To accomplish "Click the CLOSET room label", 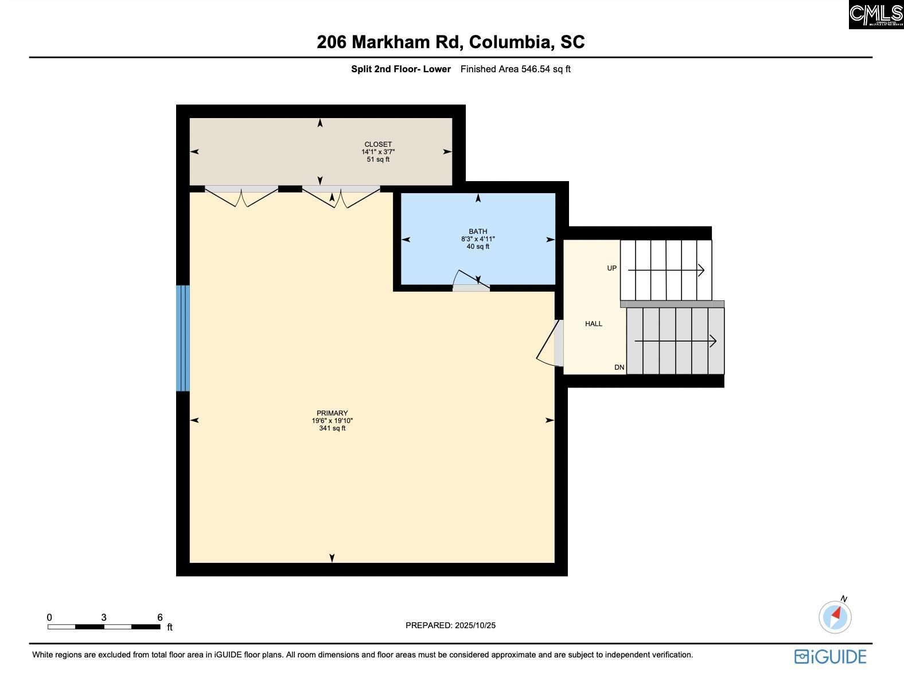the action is coord(378,144).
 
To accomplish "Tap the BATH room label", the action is coord(478,232).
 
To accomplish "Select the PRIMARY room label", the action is coord(332,413).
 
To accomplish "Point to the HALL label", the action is coord(593,324).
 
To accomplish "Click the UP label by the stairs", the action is coord(611,268).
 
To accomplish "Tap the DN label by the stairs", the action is coord(619,367).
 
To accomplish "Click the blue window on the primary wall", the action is coord(182,338).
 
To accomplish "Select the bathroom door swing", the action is coord(471,279).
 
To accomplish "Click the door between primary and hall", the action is coord(550,343).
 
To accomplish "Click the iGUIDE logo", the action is coord(830,657).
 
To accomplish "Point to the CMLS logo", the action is coord(876,14).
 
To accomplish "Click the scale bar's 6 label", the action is coord(160,617).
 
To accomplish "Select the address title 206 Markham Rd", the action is coord(389,42).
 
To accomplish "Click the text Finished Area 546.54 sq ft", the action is coord(515,69).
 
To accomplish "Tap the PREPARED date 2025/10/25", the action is coord(475,625).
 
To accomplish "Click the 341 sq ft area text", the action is coord(332,428).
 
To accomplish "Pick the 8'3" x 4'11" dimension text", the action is coord(478,239).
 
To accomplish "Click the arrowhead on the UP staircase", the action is coord(702,270).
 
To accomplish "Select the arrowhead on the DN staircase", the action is coord(713,341).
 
